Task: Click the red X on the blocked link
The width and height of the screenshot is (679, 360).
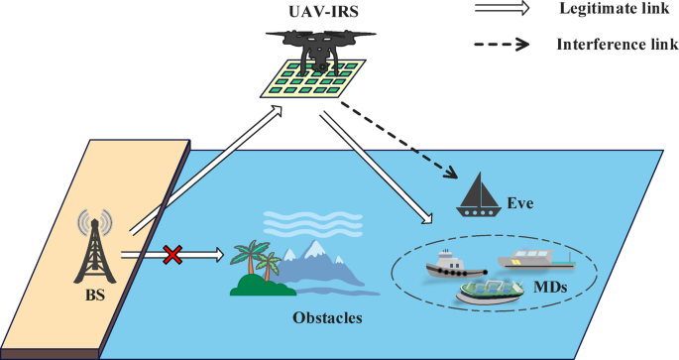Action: [x=172, y=256]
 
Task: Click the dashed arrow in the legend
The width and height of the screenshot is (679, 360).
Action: [x=507, y=45]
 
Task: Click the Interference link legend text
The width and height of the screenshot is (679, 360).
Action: [x=610, y=45]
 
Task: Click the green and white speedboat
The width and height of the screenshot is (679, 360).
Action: [x=489, y=290]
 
